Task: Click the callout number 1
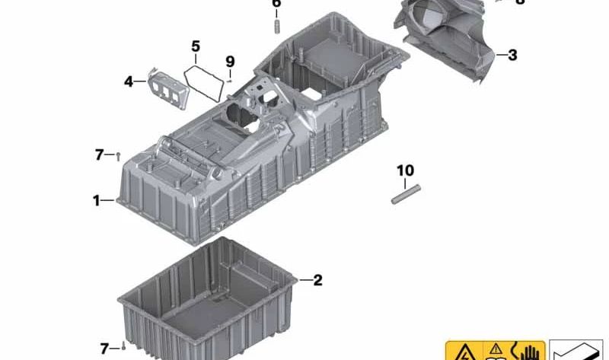tap(97, 201)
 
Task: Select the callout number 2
tap(317, 281)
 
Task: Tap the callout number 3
tap(512, 55)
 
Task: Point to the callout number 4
tap(129, 80)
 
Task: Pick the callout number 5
tap(196, 46)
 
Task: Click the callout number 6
tap(276, 4)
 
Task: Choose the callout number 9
tap(230, 62)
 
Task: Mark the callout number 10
tap(404, 170)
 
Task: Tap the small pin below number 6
tap(277, 26)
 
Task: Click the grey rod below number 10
tap(404, 194)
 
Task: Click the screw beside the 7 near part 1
tap(120, 156)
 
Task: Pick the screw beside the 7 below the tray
tap(123, 348)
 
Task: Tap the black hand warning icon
tap(527, 352)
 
